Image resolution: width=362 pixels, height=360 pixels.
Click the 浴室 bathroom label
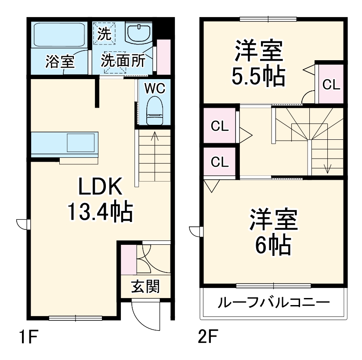[60, 62]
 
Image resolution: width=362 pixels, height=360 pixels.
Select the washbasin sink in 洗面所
[139, 33]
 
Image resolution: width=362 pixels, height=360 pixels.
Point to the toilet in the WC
[154, 110]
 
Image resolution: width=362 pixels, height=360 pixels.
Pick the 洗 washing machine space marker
[105, 34]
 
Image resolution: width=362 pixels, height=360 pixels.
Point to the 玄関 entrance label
[145, 287]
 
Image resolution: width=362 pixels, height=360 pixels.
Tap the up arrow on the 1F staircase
[154, 137]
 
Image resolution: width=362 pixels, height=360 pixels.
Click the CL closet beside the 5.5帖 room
[331, 84]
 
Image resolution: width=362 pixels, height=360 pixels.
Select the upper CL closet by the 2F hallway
[220, 127]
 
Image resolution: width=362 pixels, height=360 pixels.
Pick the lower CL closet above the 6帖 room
[220, 162]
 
